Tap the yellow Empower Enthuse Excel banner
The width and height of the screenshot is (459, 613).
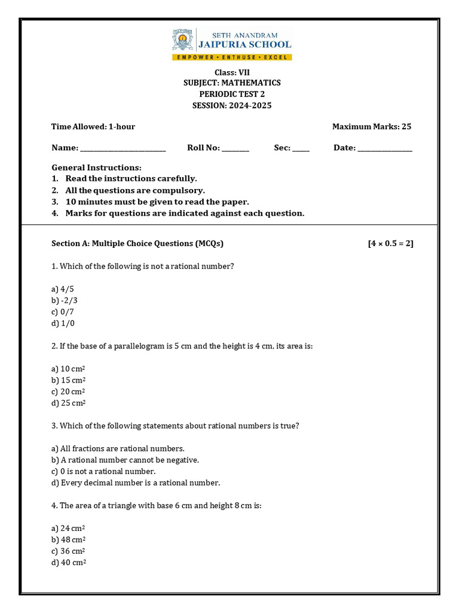tap(232, 57)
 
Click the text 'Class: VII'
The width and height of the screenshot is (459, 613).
tap(232, 72)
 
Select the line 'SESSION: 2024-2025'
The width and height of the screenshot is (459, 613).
tap(232, 105)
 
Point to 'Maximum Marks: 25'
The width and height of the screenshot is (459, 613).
tap(371, 126)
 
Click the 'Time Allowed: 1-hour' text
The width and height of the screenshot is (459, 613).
tap(93, 126)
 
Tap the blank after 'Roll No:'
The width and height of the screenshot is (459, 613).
tap(235, 148)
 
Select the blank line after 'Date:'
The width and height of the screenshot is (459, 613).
tap(385, 148)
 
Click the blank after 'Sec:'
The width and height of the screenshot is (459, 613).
tap(301, 148)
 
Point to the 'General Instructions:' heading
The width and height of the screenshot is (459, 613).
tap(97, 168)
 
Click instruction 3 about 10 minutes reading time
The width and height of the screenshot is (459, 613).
tap(157, 202)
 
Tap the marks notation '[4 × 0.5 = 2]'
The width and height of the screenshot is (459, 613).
tap(390, 244)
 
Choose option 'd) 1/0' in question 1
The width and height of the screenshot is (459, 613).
tap(63, 323)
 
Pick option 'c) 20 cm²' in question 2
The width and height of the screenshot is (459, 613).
tap(69, 392)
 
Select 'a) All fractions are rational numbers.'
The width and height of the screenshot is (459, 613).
tap(118, 448)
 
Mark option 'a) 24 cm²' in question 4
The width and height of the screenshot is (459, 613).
tap(69, 529)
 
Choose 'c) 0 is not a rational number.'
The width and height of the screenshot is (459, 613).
tap(104, 471)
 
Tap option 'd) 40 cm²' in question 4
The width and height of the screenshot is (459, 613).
tap(69, 563)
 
